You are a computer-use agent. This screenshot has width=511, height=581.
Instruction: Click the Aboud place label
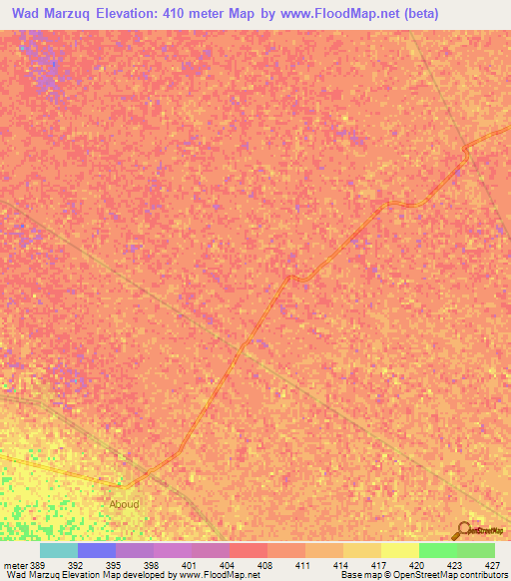tap(124, 504)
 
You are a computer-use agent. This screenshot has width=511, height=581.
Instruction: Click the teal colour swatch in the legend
tap(59, 550)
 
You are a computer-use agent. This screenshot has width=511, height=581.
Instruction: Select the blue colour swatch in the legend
tap(97, 550)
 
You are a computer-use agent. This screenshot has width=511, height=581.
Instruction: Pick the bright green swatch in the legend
tap(438, 550)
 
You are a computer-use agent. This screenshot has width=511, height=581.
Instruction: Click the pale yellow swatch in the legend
tap(400, 550)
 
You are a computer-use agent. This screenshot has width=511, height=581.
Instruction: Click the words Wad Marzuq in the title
tap(51, 14)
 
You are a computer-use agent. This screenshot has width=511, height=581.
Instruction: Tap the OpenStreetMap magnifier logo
tap(462, 530)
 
